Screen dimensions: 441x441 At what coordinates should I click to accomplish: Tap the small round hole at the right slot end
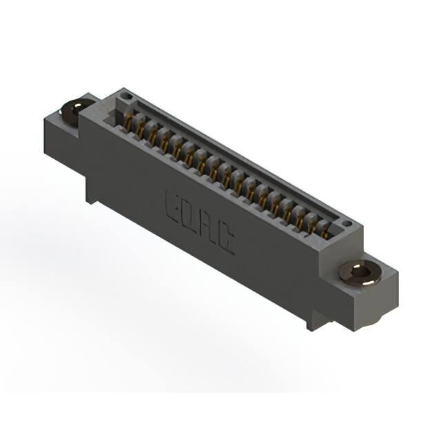tap(347, 224)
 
